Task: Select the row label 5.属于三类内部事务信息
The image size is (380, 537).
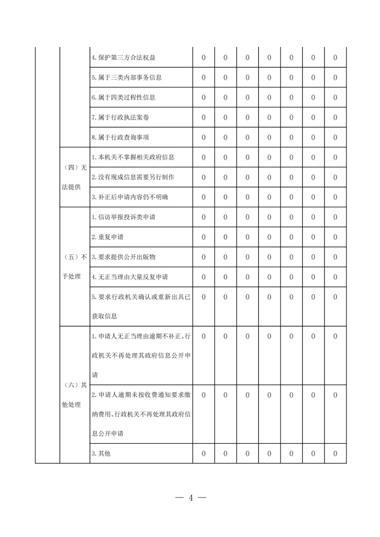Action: pyautogui.click(x=126, y=78)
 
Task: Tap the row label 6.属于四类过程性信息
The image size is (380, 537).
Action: pyautogui.click(x=123, y=98)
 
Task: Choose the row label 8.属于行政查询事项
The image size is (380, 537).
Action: pyautogui.click(x=123, y=137)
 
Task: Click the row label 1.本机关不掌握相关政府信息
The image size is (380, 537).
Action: pyautogui.click(x=133, y=157)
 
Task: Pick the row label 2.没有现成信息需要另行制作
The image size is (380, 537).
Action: pyautogui.click(x=133, y=177)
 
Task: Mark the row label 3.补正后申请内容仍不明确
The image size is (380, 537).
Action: pyautogui.click(x=130, y=197)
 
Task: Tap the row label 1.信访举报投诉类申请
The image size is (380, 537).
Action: pyautogui.click(x=126, y=217)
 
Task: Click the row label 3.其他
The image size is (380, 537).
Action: pyautogui.click(x=101, y=453)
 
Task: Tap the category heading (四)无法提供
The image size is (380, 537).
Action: pyautogui.click(x=74, y=177)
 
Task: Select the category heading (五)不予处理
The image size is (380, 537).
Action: pyautogui.click(x=74, y=266)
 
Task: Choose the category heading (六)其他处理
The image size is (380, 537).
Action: pyautogui.click(x=74, y=395)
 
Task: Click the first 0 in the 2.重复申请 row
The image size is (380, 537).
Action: pyautogui.click(x=204, y=237)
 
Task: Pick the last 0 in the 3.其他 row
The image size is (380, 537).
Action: pyautogui.click(x=335, y=453)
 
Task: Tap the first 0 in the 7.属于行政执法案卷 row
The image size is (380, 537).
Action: pyautogui.click(x=204, y=117)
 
